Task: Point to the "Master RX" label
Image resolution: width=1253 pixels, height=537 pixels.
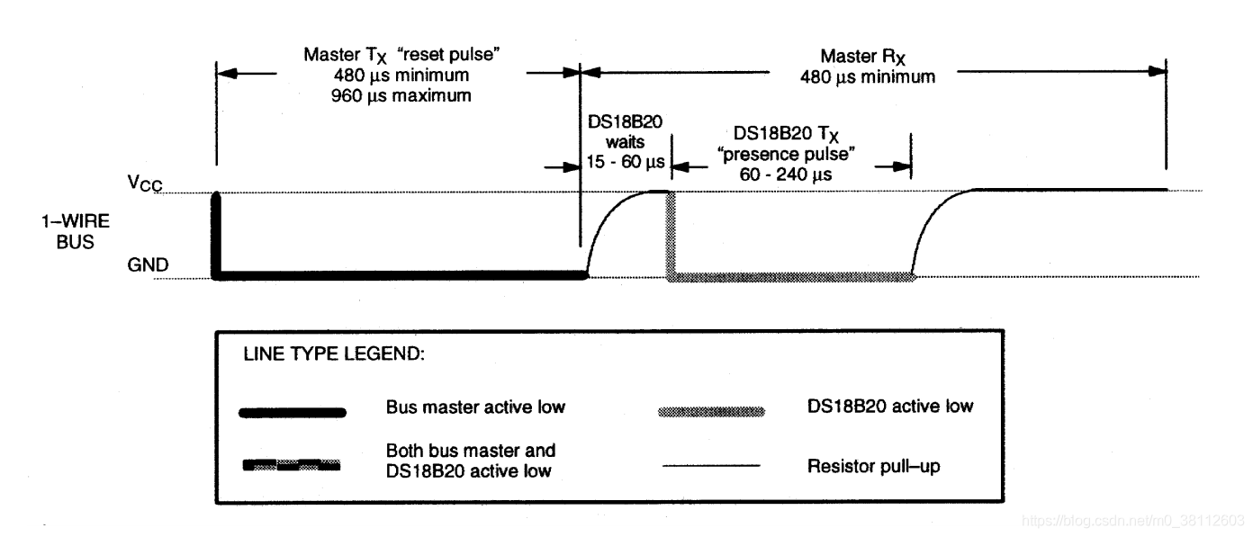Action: point(868,58)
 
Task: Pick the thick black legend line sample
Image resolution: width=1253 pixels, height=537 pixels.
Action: point(292,412)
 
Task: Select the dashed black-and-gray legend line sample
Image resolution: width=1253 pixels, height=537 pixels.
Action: point(292,465)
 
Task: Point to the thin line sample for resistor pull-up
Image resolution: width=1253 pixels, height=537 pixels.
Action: point(711,465)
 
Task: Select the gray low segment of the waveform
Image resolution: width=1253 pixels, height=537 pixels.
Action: point(792,276)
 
